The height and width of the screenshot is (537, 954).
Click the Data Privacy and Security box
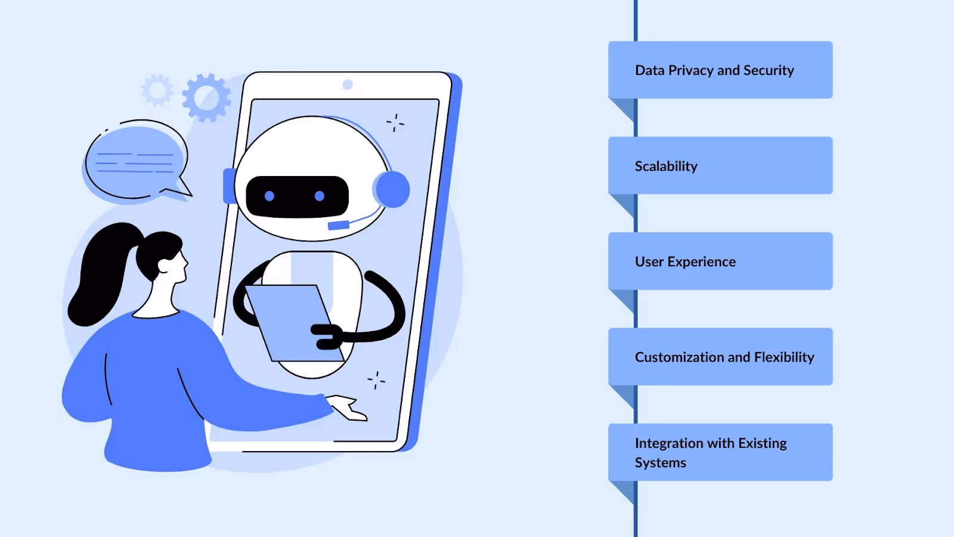tap(720, 70)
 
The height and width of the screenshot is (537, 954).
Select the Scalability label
tap(666, 166)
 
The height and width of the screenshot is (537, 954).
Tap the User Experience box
tap(720, 261)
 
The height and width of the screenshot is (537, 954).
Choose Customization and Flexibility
tap(724, 357)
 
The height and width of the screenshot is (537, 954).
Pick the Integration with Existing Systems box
tap(720, 452)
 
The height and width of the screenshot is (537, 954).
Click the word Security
tap(769, 70)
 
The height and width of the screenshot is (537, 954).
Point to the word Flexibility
tap(784, 357)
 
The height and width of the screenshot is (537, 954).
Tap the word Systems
tap(660, 462)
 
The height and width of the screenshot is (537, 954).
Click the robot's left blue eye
tap(270, 196)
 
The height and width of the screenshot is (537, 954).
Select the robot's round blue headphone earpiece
tap(392, 190)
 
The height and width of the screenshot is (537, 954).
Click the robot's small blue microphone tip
tap(338, 225)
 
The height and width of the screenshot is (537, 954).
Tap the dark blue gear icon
tap(206, 97)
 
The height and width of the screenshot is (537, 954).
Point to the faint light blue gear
tap(157, 90)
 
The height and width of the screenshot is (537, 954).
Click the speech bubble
tap(135, 161)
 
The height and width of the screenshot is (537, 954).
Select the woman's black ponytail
tap(98, 274)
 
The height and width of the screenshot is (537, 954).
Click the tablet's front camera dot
tap(348, 85)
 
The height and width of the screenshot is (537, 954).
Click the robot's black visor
tap(297, 196)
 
